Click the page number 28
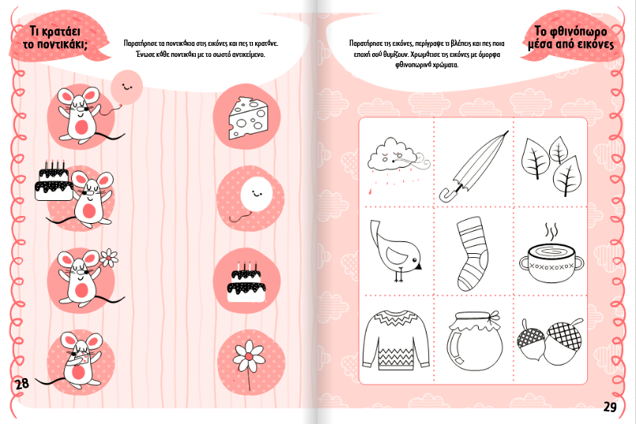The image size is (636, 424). [22, 383]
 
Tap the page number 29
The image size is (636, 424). [611, 407]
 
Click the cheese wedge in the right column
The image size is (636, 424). [248, 118]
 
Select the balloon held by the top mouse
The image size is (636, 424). [126, 86]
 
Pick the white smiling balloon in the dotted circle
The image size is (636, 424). [255, 195]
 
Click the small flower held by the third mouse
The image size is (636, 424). [109, 258]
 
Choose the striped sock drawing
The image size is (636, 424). [472, 253]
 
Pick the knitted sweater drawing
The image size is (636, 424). [395, 340]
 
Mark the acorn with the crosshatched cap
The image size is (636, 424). [563, 340]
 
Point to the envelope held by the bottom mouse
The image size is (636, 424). [84, 358]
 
